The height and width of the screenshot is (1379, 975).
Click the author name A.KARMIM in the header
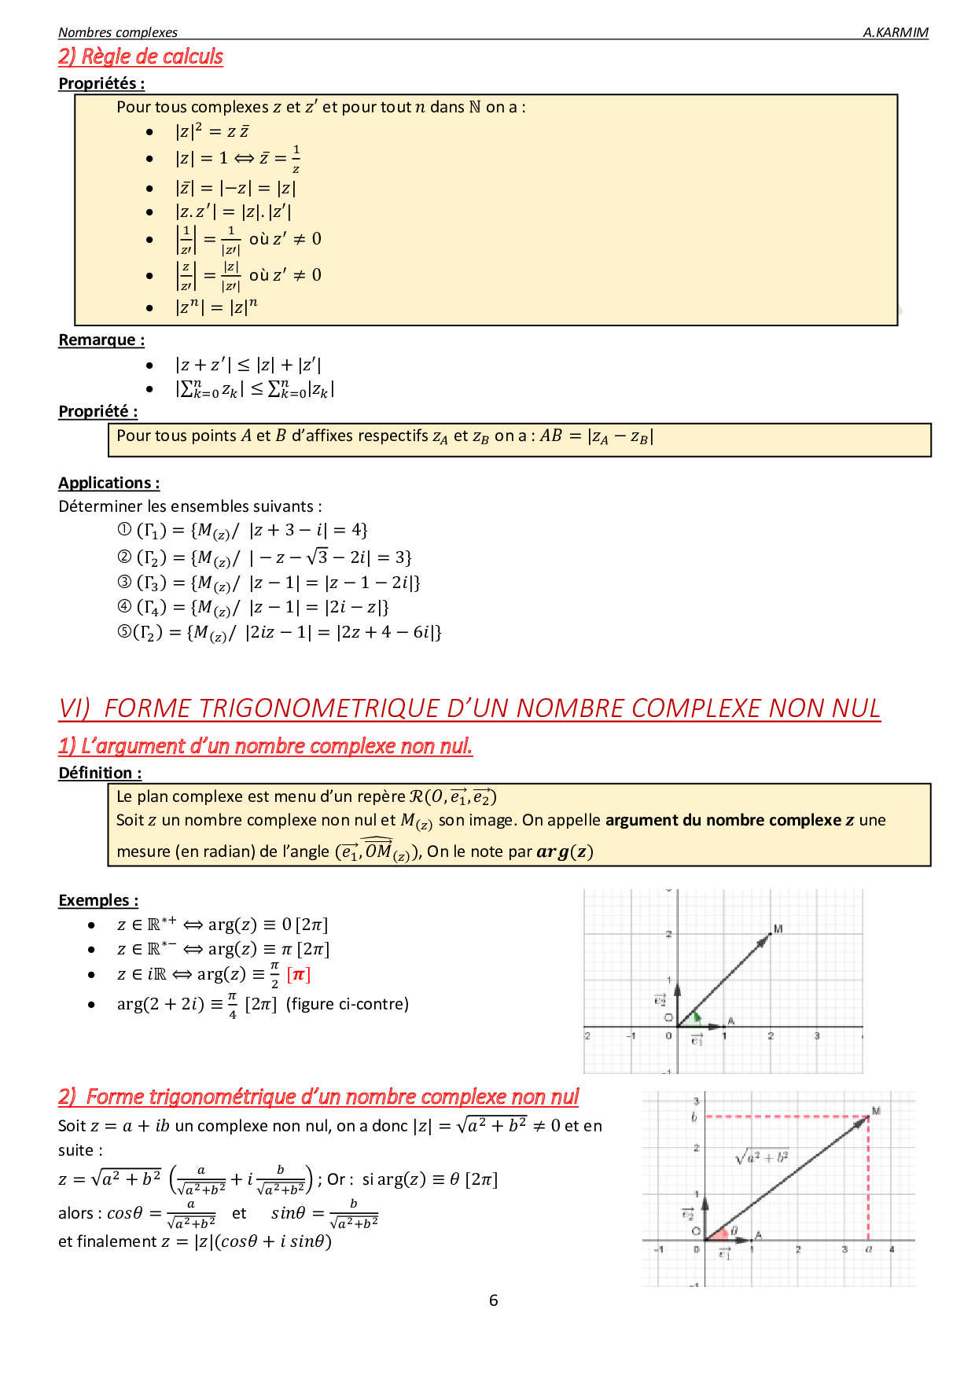895,32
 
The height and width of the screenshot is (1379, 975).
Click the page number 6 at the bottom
493,1300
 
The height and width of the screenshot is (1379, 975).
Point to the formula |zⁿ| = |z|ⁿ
216,307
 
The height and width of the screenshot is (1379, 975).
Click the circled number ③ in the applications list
124,583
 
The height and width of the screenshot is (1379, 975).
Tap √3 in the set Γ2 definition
317,557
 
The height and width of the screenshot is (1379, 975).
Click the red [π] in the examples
298,975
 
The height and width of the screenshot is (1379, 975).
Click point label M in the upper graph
778,929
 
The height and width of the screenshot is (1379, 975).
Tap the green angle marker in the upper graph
696,1017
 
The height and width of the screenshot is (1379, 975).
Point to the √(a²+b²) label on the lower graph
761,1157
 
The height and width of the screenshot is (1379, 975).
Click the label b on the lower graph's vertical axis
694,1117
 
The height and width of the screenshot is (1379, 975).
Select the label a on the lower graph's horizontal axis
868,1249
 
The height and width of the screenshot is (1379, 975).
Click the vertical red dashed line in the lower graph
868,1179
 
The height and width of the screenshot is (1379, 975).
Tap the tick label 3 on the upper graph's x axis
817,1036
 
